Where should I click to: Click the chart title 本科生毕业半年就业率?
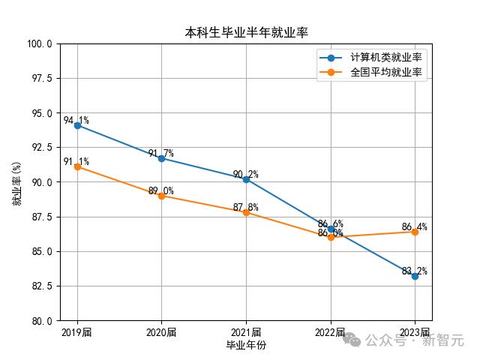(x=246, y=32)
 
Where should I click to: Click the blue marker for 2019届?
(x=77, y=125)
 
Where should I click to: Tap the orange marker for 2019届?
(x=77, y=166)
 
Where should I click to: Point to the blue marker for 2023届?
(x=415, y=276)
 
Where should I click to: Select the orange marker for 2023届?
(x=415, y=232)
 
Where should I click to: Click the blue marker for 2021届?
(x=246, y=179)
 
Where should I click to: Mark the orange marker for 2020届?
(x=161, y=196)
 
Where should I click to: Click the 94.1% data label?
(x=76, y=120)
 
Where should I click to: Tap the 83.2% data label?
(x=414, y=271)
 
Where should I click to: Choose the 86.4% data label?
(x=414, y=226)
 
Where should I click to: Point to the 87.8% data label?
(x=245, y=207)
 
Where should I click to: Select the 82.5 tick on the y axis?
(x=41, y=286)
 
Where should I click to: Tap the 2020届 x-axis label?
(x=161, y=332)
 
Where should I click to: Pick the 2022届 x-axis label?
(x=330, y=332)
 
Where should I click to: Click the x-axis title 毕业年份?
(x=246, y=345)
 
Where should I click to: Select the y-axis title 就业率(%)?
(x=16, y=182)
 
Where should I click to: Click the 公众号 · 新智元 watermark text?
(x=414, y=340)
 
